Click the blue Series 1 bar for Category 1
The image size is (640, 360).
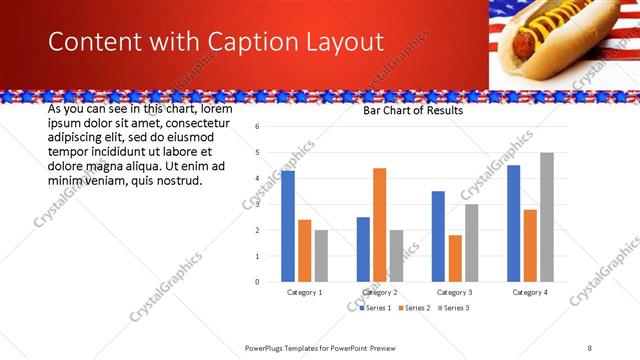(288, 226)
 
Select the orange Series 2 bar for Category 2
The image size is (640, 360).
(380, 225)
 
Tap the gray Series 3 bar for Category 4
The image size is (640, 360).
(547, 217)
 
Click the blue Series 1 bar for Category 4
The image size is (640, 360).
(514, 223)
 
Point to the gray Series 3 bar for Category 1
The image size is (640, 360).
(321, 256)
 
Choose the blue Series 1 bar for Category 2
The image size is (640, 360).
(363, 249)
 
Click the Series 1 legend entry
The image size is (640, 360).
(377, 308)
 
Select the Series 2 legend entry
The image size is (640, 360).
(416, 308)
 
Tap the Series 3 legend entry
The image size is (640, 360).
(454, 308)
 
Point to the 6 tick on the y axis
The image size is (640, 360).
(257, 127)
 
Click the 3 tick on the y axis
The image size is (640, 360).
(257, 204)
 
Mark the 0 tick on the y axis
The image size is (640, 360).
(257, 282)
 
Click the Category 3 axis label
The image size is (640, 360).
(455, 292)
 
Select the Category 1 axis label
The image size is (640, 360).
(304, 292)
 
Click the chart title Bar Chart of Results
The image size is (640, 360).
(413, 112)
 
